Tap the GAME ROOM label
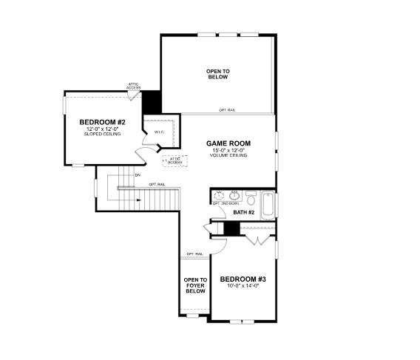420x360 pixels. pos(228,143)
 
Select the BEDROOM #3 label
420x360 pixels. pos(243,279)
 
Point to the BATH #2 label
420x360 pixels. pos(243,213)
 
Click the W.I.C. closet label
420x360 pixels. pos(159,132)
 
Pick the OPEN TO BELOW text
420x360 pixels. pos(217,73)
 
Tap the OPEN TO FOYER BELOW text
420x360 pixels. pos(195,285)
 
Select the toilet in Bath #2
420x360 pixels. pos(251,200)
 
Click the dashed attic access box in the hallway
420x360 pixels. pos(175,160)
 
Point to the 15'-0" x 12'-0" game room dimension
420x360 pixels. pos(228,150)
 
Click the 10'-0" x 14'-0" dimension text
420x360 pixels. pos(243,285)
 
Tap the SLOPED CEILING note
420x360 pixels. pos(103,135)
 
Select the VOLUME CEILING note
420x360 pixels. pos(228,155)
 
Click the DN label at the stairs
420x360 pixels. pos(138,175)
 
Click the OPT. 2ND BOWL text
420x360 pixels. pos(226,203)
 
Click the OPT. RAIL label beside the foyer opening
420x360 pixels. pos(194,254)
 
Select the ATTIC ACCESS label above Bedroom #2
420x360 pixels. pos(134,86)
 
